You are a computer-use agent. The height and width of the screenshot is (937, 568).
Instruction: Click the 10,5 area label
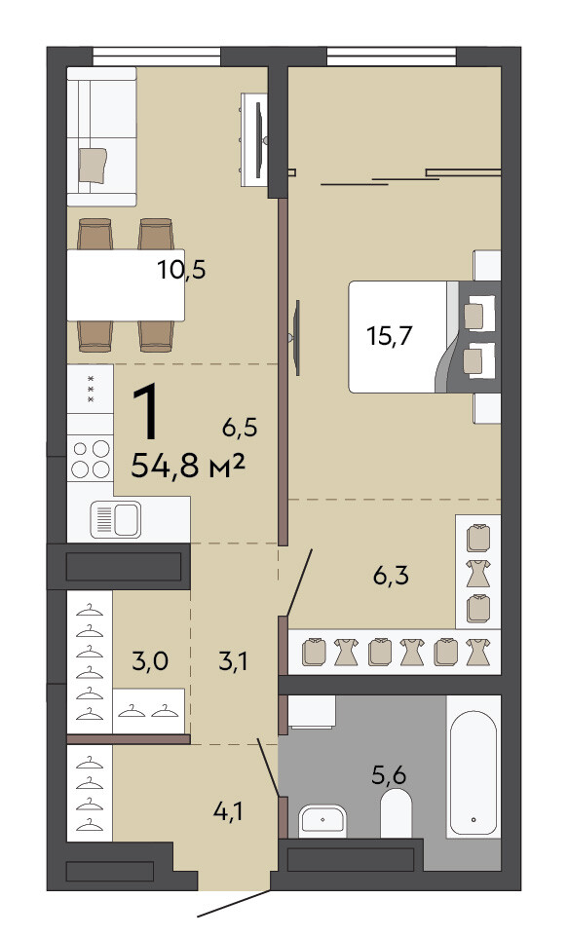click(182, 270)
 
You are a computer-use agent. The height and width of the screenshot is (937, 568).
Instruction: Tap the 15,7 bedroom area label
click(390, 336)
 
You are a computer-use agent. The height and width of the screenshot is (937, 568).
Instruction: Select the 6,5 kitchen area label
click(239, 428)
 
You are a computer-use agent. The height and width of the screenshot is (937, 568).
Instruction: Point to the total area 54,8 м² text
click(188, 466)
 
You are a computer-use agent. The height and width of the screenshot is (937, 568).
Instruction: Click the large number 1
click(147, 412)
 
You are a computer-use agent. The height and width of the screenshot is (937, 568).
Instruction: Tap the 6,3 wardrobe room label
click(391, 576)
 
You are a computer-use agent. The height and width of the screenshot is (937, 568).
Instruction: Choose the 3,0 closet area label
click(149, 661)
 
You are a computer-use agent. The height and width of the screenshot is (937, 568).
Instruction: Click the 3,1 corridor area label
click(233, 661)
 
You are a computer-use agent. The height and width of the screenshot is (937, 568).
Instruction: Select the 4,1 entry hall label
click(229, 811)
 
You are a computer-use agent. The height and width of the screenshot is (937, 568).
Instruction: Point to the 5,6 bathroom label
click(389, 775)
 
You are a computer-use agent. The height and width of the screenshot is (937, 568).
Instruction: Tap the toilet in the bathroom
click(396, 813)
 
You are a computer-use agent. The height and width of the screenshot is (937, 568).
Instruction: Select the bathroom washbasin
click(322, 820)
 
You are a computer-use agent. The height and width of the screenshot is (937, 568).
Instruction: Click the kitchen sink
click(116, 519)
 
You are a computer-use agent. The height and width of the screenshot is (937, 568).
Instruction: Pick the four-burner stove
click(91, 459)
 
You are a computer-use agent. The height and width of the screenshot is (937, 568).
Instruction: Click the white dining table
click(126, 285)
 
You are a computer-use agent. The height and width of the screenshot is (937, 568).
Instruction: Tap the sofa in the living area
click(101, 136)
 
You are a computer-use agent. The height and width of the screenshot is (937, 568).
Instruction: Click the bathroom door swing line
click(269, 768)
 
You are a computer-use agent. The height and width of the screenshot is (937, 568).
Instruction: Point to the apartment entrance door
click(234, 905)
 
